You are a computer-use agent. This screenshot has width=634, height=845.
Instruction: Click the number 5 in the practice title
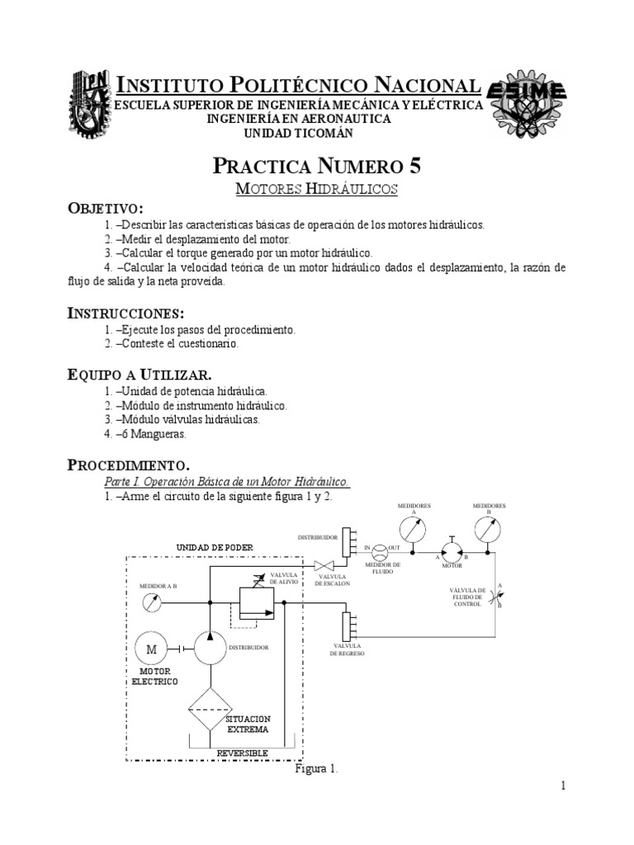point(414,165)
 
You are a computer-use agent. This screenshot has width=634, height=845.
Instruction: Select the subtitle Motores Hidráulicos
point(317,189)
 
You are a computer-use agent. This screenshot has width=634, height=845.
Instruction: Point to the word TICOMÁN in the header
point(343,133)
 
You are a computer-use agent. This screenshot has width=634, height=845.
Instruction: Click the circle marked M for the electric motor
point(151,649)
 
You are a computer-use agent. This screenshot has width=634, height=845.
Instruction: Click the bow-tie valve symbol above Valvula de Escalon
point(324,566)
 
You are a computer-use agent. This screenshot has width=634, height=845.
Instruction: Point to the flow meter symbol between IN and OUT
point(379,550)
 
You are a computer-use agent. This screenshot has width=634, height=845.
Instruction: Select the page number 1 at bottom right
point(563,786)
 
